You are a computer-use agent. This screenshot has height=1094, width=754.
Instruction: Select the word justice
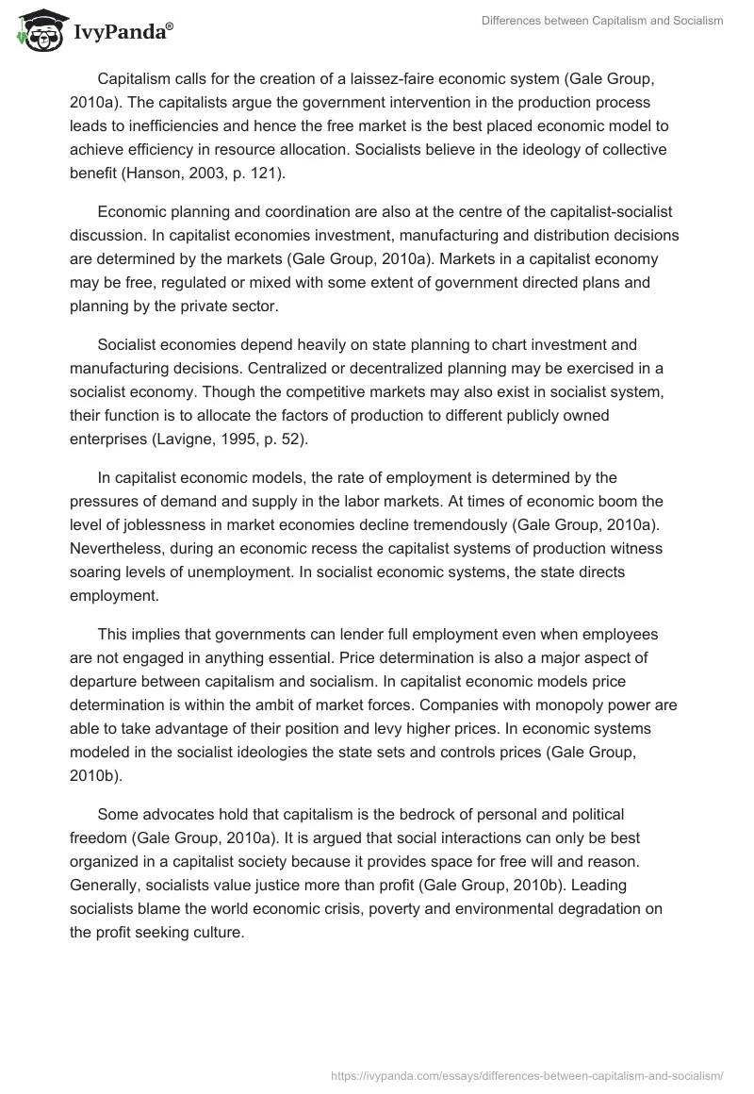click(x=288, y=887)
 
